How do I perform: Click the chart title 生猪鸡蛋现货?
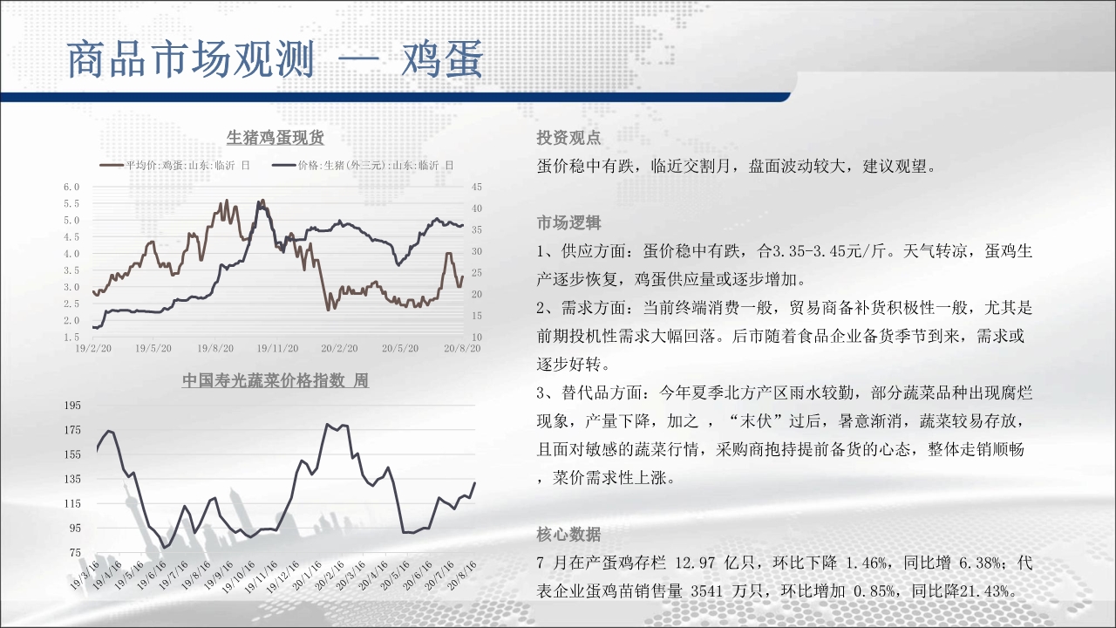point(275,138)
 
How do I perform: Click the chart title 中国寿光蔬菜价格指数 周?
point(276,381)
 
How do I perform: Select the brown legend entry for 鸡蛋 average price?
point(175,166)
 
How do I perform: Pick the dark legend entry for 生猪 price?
point(364,166)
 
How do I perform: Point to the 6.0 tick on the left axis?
point(71,187)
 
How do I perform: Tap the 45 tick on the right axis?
point(477,187)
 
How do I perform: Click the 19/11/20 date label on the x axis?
point(277,348)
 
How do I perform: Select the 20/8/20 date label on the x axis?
point(462,348)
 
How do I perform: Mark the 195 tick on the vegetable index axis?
point(72,406)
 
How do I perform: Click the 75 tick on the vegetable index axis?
point(75,552)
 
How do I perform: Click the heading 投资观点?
point(568,138)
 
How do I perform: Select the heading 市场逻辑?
point(568,222)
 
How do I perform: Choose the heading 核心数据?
point(568,535)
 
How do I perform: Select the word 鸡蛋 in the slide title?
point(442,58)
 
